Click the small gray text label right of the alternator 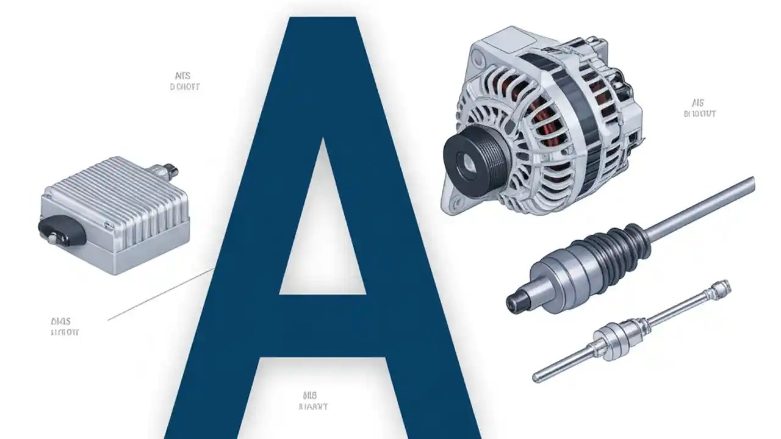coord(698,109)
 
